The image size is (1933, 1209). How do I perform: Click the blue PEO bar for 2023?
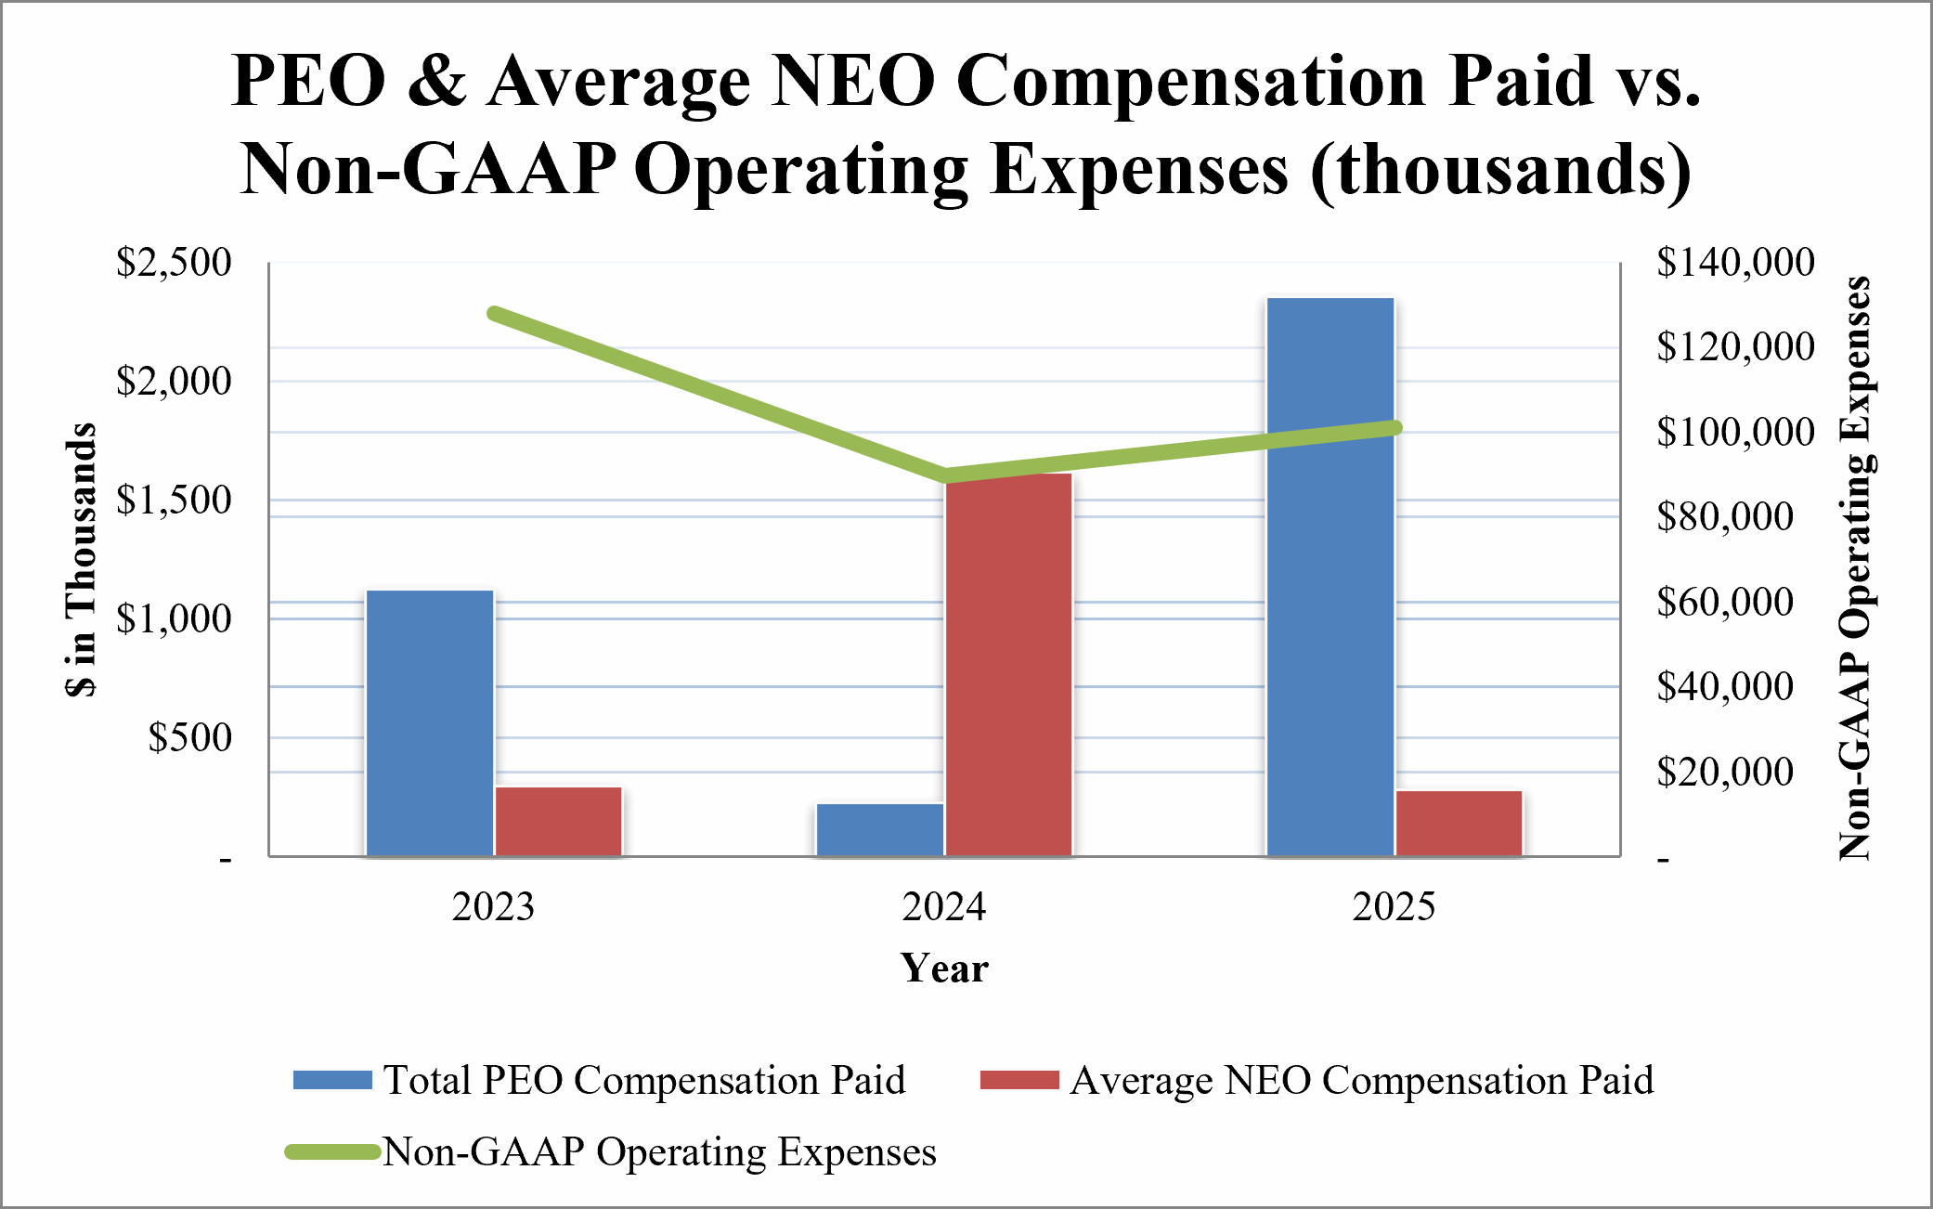point(430,722)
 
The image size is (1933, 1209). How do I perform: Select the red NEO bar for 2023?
point(558,821)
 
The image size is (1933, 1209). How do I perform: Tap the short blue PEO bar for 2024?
point(880,829)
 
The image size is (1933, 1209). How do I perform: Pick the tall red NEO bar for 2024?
point(1008,665)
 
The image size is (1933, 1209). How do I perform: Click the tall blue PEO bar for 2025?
point(1330,577)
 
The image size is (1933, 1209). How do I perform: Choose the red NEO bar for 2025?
point(1459,823)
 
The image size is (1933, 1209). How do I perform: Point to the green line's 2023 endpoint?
point(494,314)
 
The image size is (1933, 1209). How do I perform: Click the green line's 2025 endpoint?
point(1395,427)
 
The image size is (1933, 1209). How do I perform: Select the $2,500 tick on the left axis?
point(174,263)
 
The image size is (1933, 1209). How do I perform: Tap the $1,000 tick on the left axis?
point(174,619)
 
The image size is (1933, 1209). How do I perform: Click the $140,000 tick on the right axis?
point(1735,263)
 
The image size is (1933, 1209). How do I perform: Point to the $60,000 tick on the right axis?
point(1725,603)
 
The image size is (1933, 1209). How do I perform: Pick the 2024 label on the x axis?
point(944,906)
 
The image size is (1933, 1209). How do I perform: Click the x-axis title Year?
point(944,968)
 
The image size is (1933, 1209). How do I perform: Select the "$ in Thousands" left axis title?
point(82,560)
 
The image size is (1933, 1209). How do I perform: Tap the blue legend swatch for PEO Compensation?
point(332,1080)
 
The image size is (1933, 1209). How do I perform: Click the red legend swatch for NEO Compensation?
point(1019,1080)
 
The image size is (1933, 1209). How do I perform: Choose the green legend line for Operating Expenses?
point(332,1151)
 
